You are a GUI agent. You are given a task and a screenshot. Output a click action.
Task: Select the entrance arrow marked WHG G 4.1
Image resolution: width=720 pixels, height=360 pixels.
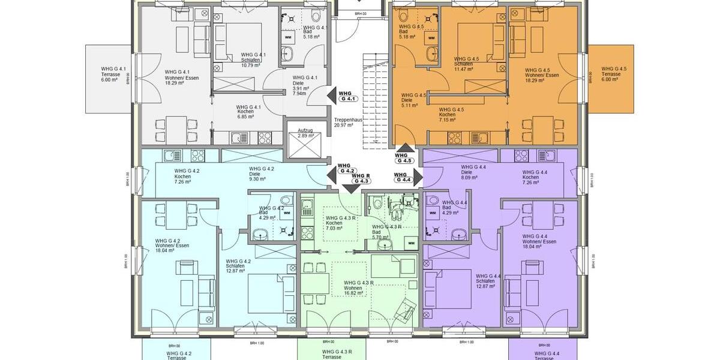332,96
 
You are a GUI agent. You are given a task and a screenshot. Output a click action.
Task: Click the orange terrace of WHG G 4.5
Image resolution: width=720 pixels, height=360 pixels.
610,78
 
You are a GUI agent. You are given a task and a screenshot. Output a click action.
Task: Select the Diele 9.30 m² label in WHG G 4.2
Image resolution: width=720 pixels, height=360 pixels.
262,173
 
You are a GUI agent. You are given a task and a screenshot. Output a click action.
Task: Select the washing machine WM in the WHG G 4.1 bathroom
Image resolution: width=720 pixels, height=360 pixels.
288,37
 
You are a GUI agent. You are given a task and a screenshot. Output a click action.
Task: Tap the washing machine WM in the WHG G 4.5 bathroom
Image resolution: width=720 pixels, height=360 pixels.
431,38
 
